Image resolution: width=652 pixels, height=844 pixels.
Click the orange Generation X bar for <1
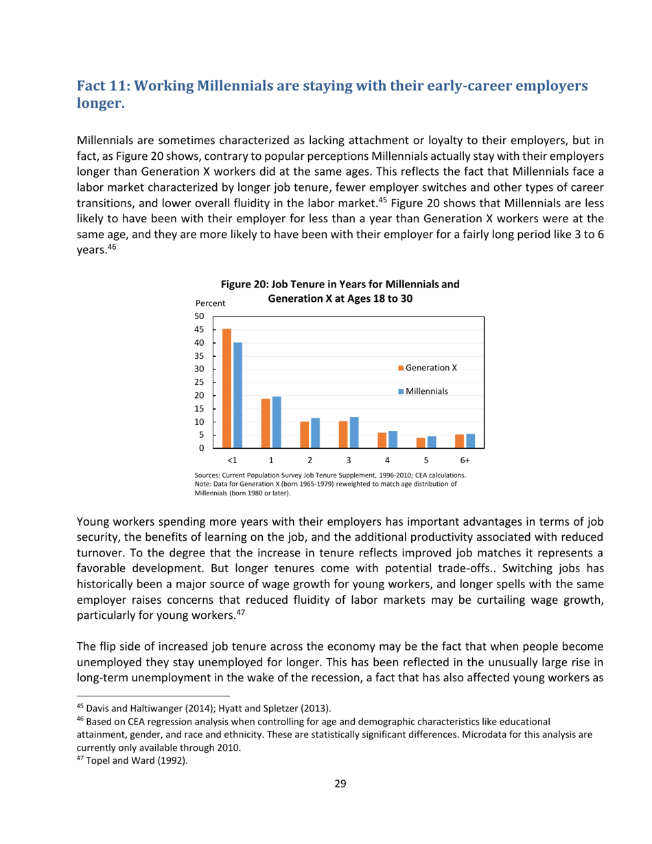tap(226, 388)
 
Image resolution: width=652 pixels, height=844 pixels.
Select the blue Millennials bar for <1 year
tap(237, 395)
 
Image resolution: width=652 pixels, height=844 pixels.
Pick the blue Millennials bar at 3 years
tap(354, 432)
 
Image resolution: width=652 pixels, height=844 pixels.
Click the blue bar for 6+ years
tap(471, 441)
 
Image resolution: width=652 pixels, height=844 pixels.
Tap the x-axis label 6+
tap(465, 460)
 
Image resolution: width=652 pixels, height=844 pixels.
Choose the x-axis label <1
tap(232, 460)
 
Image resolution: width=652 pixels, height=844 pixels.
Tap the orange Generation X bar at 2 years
tap(304, 434)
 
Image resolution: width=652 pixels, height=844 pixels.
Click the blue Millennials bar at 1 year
tap(277, 422)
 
